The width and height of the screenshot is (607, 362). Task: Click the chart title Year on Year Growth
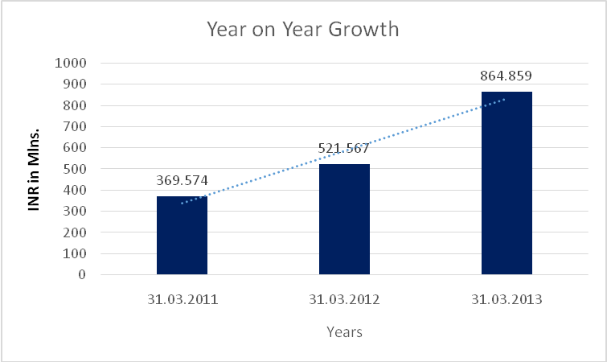[303, 30]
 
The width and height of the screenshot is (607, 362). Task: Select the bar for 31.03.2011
[182, 235]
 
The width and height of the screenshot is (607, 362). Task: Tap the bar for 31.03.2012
[344, 219]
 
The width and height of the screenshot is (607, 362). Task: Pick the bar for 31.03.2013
[507, 183]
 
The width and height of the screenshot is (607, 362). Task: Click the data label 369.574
[182, 181]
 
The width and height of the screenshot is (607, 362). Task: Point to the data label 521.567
[344, 149]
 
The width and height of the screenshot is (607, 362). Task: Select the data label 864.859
[507, 77]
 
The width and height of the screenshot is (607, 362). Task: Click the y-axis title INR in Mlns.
[35, 168]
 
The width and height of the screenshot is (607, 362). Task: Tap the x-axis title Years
[344, 331]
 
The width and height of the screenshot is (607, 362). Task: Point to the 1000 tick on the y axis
[72, 63]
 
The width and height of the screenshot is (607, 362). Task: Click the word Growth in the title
[366, 30]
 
